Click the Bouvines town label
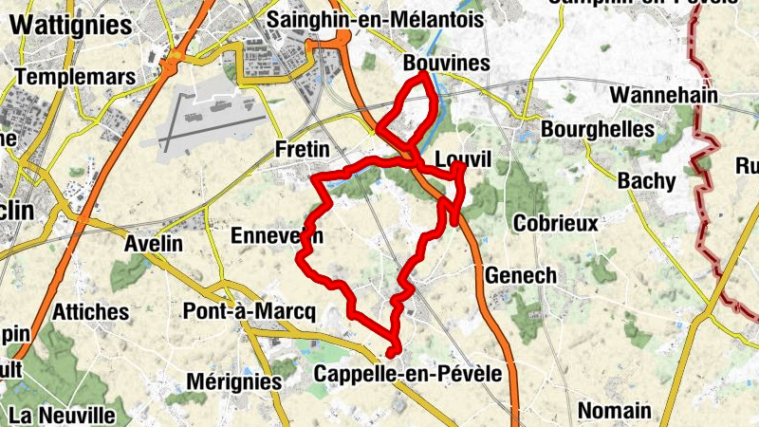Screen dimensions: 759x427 point(446,64)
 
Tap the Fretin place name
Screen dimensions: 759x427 point(301,149)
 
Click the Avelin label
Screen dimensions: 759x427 point(154,243)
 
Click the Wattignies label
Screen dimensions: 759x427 point(70,26)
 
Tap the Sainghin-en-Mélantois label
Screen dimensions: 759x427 point(376,19)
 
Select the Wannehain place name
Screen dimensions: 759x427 point(663,95)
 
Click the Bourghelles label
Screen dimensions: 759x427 point(598,129)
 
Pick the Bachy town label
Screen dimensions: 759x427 point(646,180)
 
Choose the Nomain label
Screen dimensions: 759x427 point(615,410)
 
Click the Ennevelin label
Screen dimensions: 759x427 point(276,235)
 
